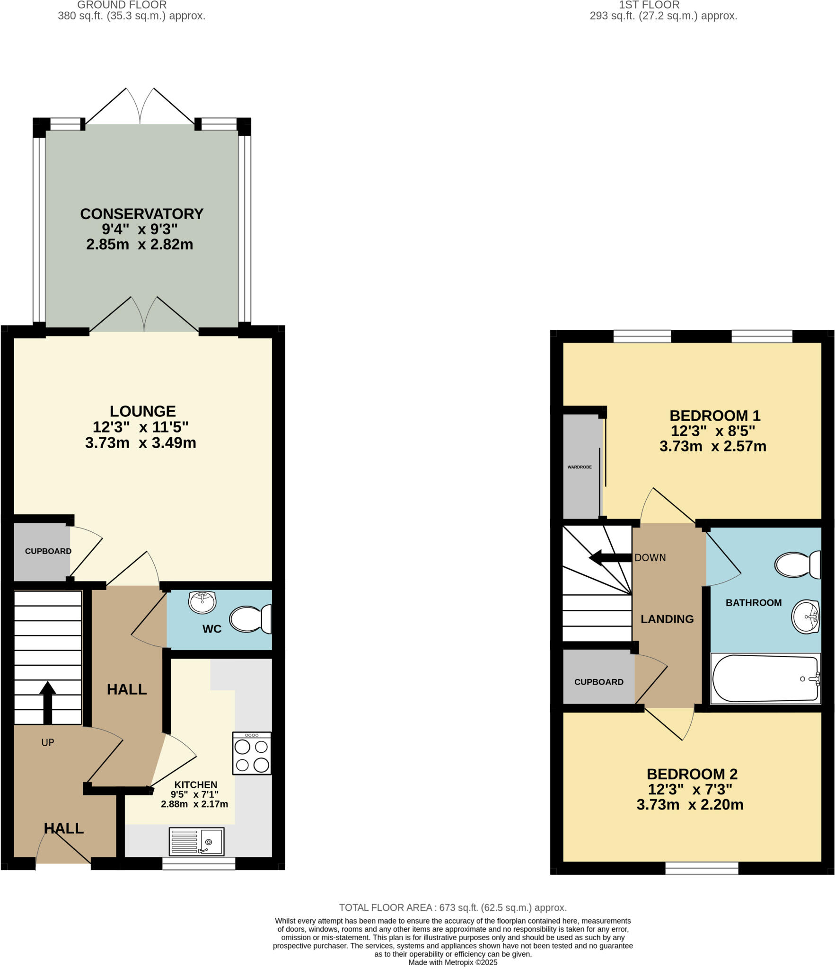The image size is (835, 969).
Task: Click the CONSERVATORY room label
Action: coord(141,214)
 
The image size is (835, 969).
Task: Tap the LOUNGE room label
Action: coord(142,411)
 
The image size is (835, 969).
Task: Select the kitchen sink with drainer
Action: coord(196,841)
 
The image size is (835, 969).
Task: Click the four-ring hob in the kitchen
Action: coord(252,753)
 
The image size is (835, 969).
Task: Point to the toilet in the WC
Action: coord(250,619)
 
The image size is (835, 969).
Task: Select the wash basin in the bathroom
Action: coord(805,616)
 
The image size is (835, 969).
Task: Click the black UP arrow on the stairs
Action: coord(47,702)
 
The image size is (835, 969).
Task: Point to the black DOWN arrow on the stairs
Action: coord(610,558)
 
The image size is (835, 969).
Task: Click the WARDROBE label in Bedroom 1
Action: coord(580,467)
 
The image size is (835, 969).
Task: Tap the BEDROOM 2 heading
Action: coord(692,774)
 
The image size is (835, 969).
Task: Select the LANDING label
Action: coord(667,619)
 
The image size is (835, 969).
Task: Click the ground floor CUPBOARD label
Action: coord(48,551)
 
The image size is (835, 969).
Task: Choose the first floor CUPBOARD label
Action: coord(598,682)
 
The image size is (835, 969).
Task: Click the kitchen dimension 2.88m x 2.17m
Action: coord(194,804)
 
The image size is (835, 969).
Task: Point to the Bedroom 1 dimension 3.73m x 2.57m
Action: coord(712,446)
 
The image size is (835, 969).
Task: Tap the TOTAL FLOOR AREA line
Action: coord(453,907)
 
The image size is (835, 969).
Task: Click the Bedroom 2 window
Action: coord(702,868)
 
